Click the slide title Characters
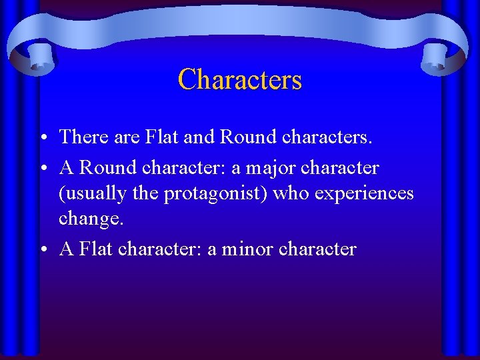(240, 80)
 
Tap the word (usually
(90, 193)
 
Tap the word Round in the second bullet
(101, 167)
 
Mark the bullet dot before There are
(43, 137)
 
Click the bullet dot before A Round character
(43, 168)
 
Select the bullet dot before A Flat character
(43, 250)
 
